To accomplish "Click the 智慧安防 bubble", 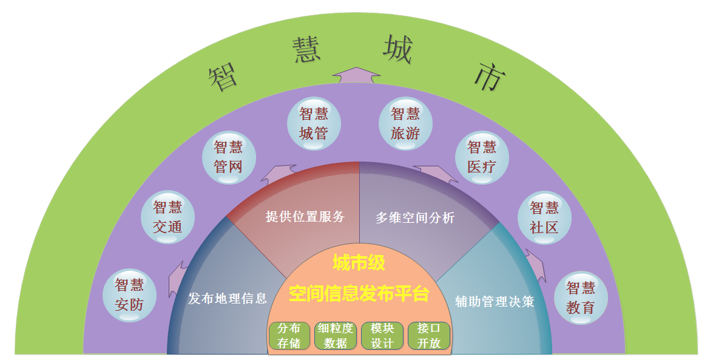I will (x=129, y=295).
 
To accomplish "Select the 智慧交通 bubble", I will (x=167, y=217).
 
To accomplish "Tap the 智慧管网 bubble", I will (x=228, y=157).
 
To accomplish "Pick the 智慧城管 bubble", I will (x=314, y=124).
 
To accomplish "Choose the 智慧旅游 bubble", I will (x=405, y=124).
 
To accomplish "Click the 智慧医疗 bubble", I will (x=482, y=157).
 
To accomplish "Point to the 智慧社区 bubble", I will (x=544, y=217).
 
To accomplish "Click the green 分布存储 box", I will (x=289, y=336).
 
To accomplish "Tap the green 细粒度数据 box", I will (x=335, y=336).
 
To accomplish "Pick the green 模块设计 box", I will (x=382, y=336).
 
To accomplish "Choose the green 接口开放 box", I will (x=429, y=336).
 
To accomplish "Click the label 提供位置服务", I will (x=305, y=217).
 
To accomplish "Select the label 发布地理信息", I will (x=228, y=298).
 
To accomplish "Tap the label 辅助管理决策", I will (x=495, y=301).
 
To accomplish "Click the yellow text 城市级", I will (x=359, y=263).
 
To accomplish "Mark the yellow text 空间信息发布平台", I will (x=359, y=294).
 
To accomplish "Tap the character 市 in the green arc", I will (x=488, y=78).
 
